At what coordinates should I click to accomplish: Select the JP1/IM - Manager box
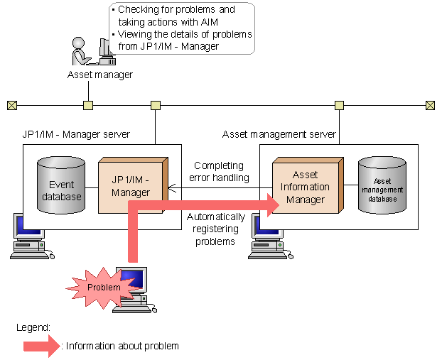[x=131, y=186]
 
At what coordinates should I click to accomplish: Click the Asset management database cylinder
[x=382, y=185]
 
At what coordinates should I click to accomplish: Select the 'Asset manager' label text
[x=99, y=75]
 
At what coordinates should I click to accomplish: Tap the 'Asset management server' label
[x=279, y=134]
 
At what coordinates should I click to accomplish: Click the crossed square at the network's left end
[x=11, y=106]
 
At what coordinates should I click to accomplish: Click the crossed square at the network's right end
[x=430, y=106]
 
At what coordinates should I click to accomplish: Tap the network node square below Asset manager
[x=88, y=106]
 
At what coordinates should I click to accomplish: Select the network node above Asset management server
[x=340, y=106]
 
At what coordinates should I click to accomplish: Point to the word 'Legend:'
[x=33, y=327]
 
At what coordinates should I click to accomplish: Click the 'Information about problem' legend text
[x=122, y=346]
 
